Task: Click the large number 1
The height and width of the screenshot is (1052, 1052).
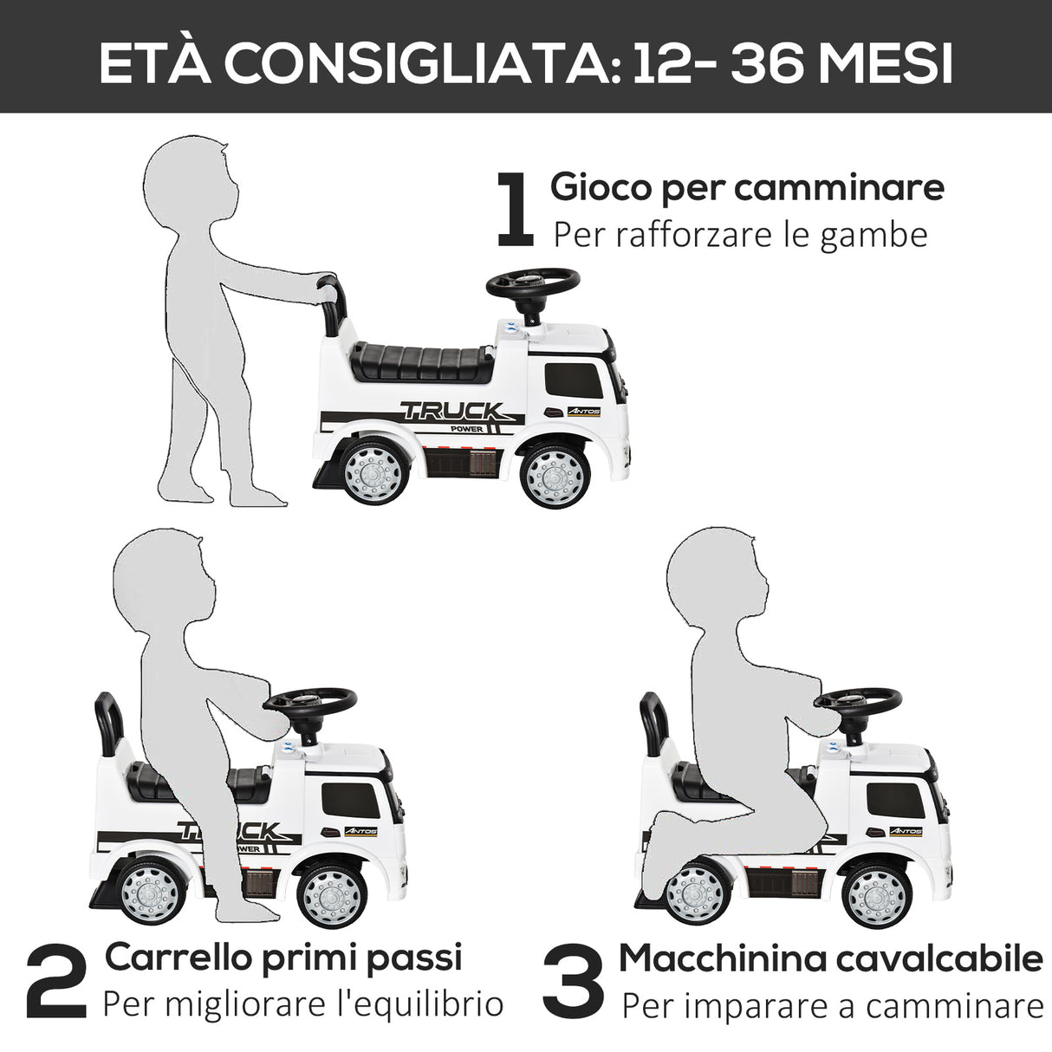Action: pyautogui.click(x=515, y=209)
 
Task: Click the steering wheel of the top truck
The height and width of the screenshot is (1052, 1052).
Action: pyautogui.click(x=532, y=282)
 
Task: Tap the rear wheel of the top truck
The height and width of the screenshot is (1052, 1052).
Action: pyautogui.click(x=374, y=475)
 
